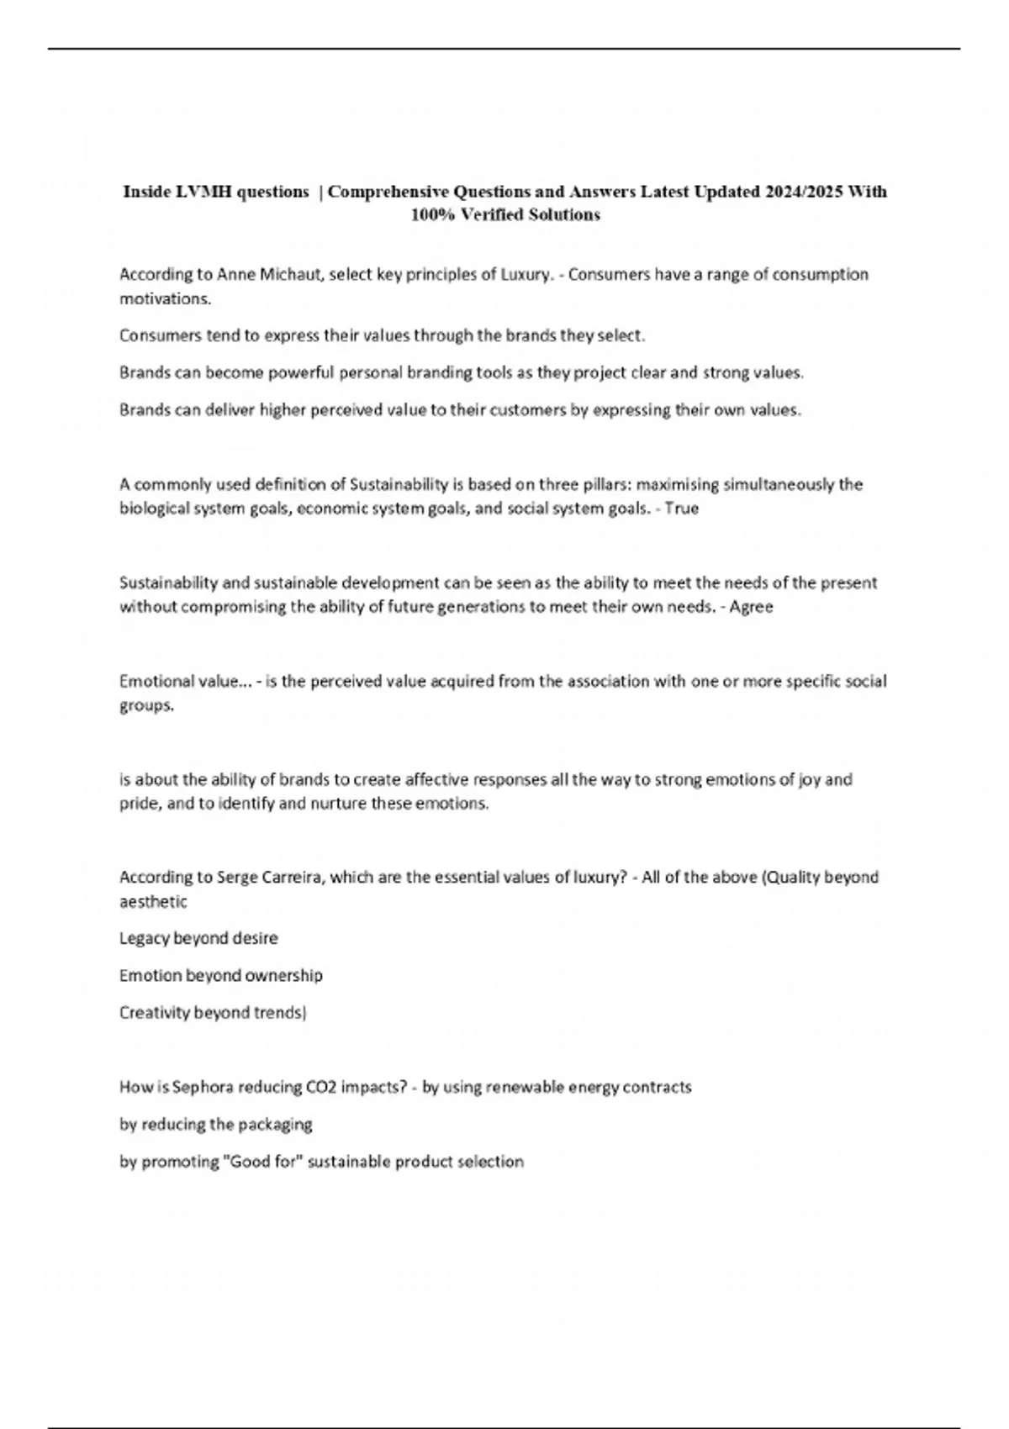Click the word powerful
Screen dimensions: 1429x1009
point(302,373)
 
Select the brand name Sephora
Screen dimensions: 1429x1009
point(203,1087)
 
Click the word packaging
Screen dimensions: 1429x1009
point(275,1125)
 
